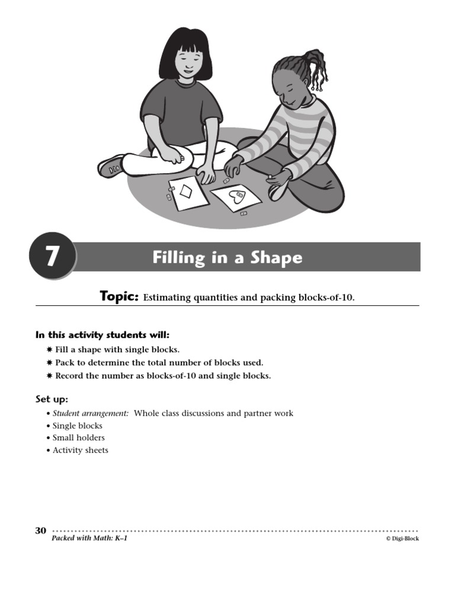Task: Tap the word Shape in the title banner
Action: tap(276, 258)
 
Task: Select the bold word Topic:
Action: tap(119, 296)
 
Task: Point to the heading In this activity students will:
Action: tap(102, 336)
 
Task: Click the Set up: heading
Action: tap(52, 399)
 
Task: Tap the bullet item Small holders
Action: tap(78, 437)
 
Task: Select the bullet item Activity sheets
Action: tap(80, 450)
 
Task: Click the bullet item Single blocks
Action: tap(77, 426)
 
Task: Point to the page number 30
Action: tap(41, 531)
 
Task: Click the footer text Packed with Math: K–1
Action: tap(89, 539)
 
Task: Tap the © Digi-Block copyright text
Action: tap(402, 539)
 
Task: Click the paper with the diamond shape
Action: tap(189, 192)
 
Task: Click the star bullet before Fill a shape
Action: tap(49, 350)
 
